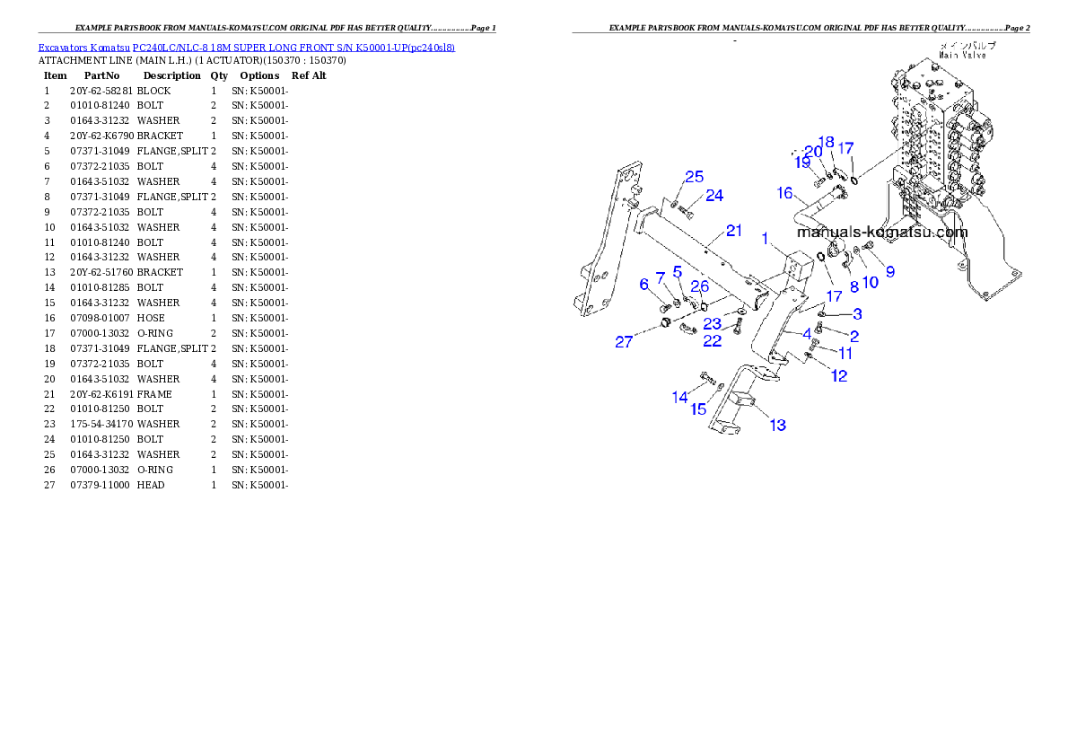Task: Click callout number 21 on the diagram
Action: pos(734,231)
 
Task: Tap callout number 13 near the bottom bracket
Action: pos(777,425)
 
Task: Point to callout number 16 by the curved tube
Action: pos(784,193)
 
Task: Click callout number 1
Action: pos(766,239)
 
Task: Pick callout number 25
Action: pos(695,177)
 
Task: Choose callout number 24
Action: pos(714,195)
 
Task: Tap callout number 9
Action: pos(890,271)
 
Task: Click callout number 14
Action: pos(680,397)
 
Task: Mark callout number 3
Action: pos(857,313)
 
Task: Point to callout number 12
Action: pos(839,376)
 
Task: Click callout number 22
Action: pos(712,340)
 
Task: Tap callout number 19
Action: pos(802,163)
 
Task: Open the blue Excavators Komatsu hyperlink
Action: pos(246,47)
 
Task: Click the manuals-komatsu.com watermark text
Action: pos(882,232)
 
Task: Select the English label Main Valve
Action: pos(963,55)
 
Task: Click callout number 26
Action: pos(700,287)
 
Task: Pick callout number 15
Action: pos(698,409)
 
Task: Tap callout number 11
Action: pos(845,354)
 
